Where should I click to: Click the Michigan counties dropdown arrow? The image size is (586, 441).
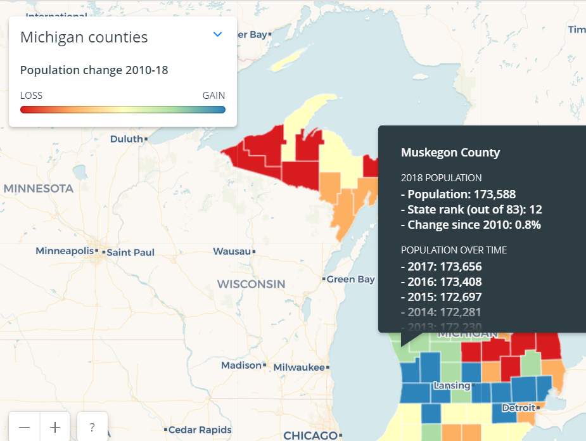[x=218, y=34]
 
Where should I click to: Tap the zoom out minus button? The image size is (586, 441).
[x=24, y=427]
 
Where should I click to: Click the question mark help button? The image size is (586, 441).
[x=92, y=427]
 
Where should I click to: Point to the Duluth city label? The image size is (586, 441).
[x=127, y=139]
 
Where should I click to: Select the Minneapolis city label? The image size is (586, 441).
[x=64, y=252]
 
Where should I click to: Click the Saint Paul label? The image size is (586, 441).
[x=130, y=252]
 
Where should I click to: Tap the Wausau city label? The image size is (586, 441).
[x=231, y=251]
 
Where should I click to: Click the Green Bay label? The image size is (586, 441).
[x=350, y=279]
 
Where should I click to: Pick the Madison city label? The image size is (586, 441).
[x=241, y=366]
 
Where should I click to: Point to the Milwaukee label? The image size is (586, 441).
[x=298, y=367]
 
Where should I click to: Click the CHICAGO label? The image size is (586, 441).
[x=310, y=435]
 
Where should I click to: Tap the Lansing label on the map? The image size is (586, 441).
[x=451, y=385]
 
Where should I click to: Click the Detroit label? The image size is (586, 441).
[x=518, y=408]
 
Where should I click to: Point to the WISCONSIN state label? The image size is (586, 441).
[x=251, y=284]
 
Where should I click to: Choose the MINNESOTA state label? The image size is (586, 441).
[x=38, y=189]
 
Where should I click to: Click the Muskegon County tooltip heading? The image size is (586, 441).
[x=450, y=153]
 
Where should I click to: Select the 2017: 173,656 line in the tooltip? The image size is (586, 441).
[x=441, y=267]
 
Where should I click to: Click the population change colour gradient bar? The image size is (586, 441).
[x=122, y=110]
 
